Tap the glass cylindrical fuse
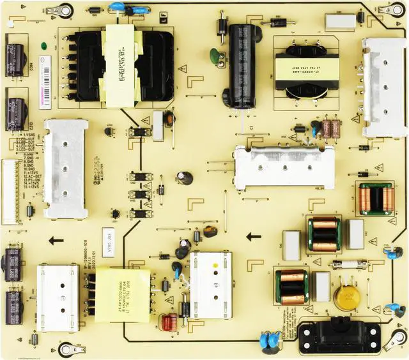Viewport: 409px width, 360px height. point(348,264)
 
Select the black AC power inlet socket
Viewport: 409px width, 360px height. point(339,334)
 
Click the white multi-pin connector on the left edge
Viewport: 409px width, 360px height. point(10,191)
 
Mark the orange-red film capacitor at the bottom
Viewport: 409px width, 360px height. point(169,322)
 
